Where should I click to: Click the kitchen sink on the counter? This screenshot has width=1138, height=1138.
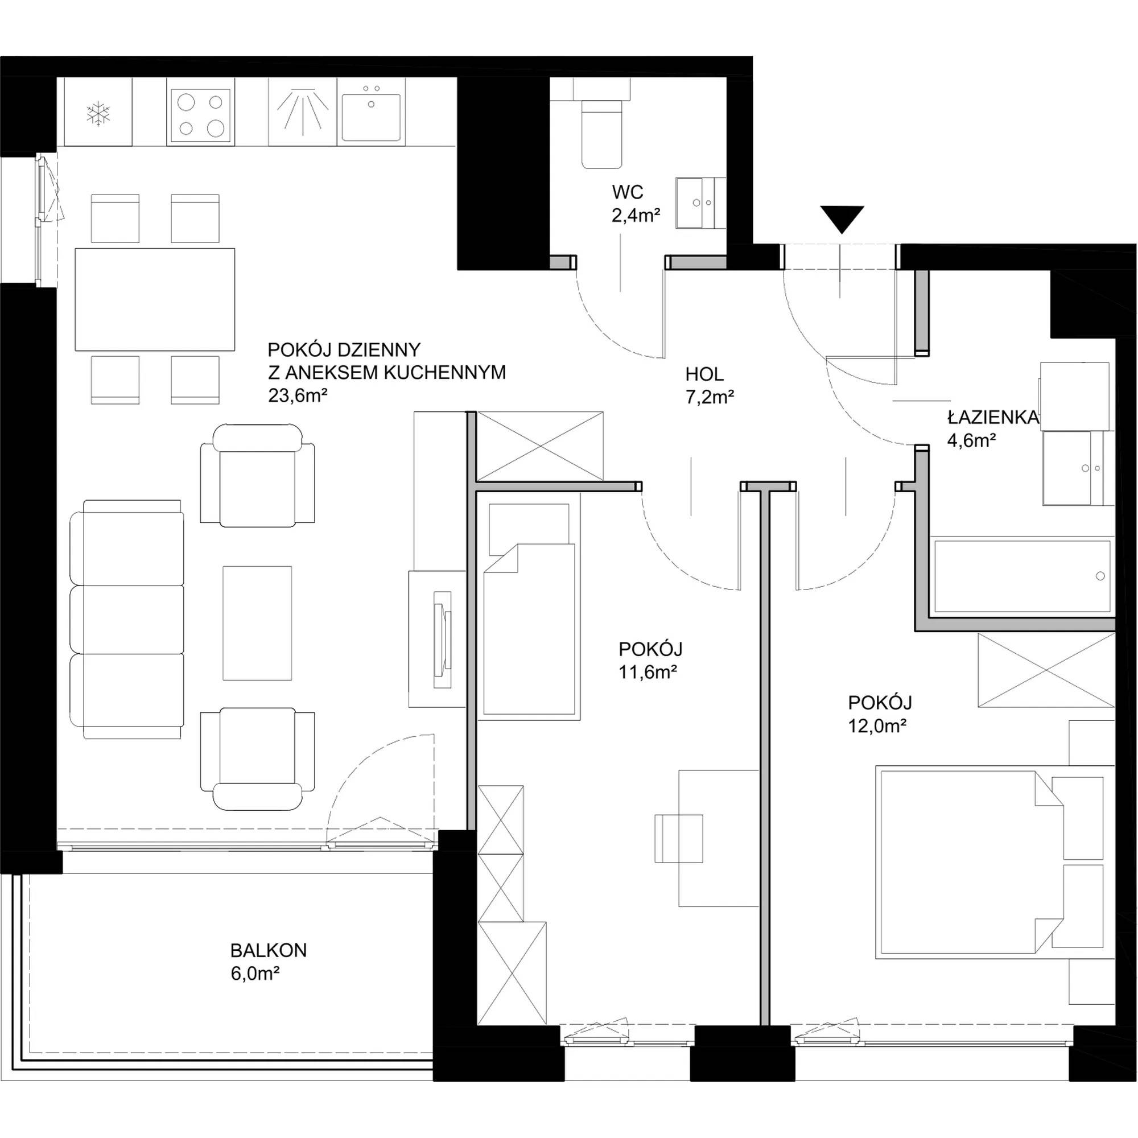(x=371, y=113)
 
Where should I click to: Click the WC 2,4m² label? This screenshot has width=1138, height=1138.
(x=636, y=204)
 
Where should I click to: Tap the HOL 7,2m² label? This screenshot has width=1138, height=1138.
(x=709, y=386)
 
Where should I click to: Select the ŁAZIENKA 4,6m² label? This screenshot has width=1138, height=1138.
(x=992, y=429)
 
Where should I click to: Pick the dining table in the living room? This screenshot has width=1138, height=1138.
(x=155, y=299)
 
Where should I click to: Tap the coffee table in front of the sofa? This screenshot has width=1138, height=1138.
(x=257, y=623)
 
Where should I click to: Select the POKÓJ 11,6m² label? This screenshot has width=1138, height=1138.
(x=650, y=660)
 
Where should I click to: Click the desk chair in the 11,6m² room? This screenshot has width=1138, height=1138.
(x=679, y=839)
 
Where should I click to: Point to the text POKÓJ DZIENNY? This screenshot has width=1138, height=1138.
(x=344, y=350)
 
